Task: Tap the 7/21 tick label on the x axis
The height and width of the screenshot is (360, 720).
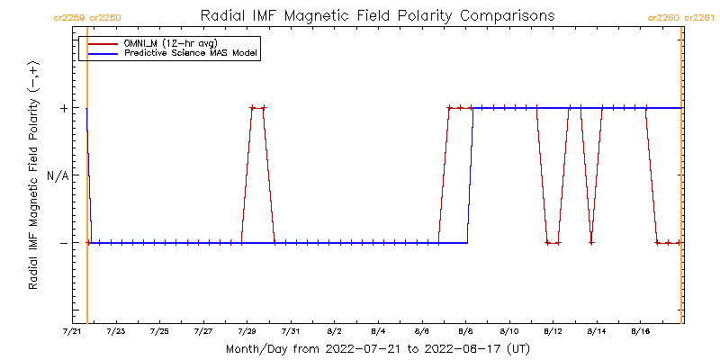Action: [74, 332]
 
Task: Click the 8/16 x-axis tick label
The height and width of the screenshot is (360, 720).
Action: [640, 332]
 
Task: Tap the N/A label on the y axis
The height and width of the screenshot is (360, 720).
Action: [58, 175]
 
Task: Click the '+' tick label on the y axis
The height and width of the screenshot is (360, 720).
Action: [64, 108]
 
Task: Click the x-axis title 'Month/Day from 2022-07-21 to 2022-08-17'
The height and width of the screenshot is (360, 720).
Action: [378, 348]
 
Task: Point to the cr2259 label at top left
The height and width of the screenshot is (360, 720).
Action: [69, 17]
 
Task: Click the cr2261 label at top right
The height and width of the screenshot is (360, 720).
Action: [701, 17]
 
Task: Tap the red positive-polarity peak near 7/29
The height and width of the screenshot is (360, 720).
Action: [258, 108]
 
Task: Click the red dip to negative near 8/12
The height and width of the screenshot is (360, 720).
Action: [553, 242]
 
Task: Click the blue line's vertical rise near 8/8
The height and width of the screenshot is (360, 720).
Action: [470, 175]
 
